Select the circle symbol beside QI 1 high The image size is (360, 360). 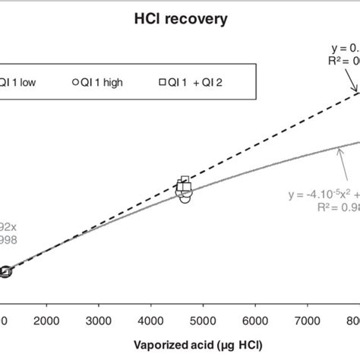coord(75,83)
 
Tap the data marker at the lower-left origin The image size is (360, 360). coord(5,271)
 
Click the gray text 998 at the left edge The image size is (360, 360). coord(8,240)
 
